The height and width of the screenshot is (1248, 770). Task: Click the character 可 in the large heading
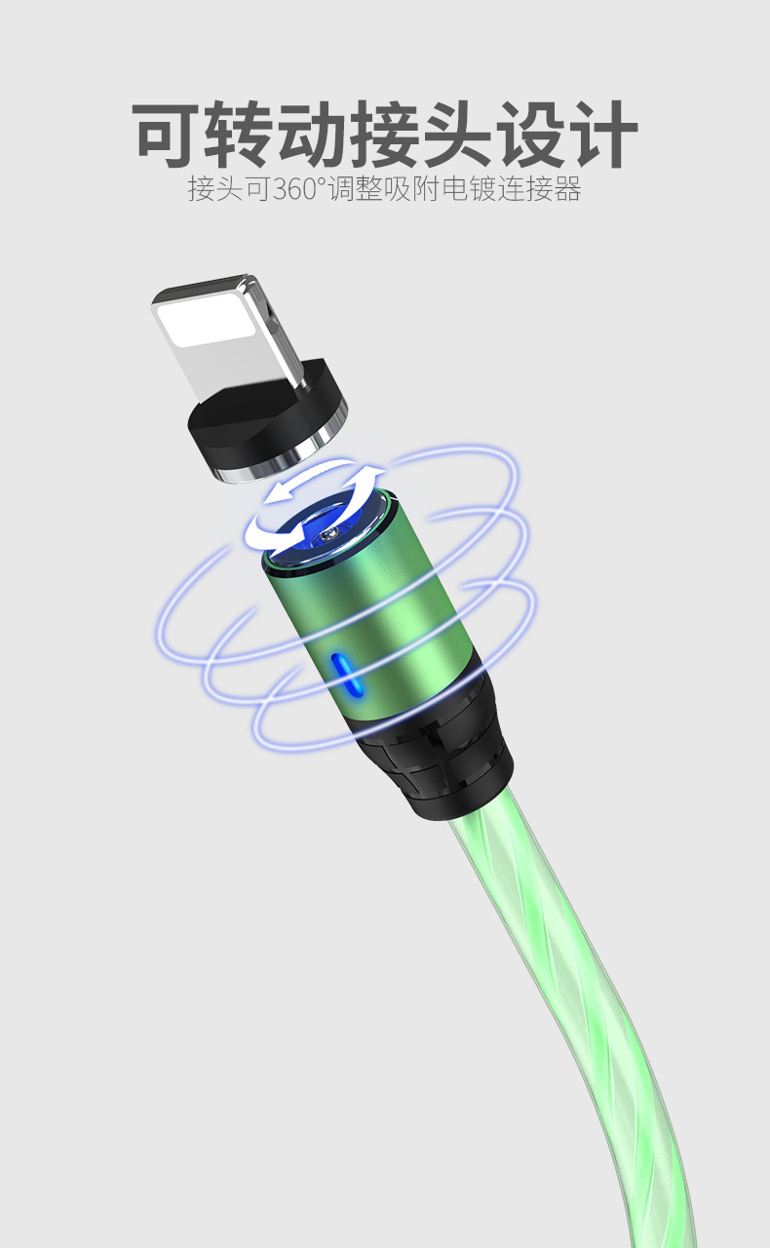(x=166, y=135)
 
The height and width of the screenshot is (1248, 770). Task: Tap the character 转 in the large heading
(x=239, y=135)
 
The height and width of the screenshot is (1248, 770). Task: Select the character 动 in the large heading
(x=312, y=135)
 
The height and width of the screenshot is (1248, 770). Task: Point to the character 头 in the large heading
(x=457, y=135)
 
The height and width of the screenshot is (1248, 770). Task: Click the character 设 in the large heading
(x=530, y=135)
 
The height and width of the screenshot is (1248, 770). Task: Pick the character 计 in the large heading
(x=603, y=135)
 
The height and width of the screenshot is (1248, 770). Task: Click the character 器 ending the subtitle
(x=567, y=188)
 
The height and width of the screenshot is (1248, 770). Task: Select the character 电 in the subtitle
(x=454, y=188)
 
